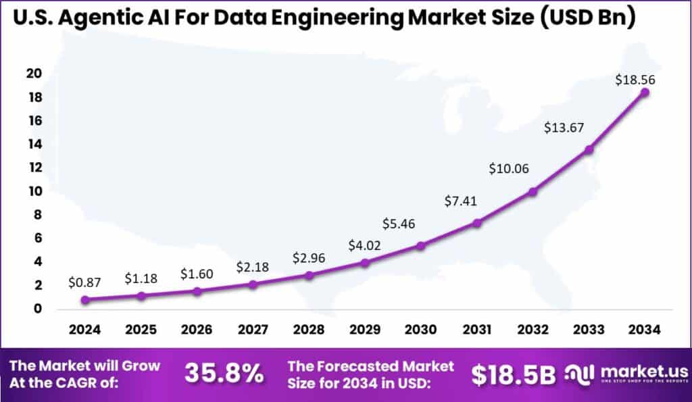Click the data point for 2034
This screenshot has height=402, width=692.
click(645, 92)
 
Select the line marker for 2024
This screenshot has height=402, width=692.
click(84, 300)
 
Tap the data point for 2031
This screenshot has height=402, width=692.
click(477, 223)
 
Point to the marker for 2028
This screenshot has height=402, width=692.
click(309, 275)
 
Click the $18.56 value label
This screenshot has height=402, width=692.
click(635, 80)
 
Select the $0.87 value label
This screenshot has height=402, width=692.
click(84, 284)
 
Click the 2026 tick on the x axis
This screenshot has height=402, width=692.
click(197, 330)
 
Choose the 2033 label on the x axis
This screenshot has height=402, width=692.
click(589, 330)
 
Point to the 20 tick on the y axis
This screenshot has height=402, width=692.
click(34, 74)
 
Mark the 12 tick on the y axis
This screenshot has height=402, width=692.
click(34, 168)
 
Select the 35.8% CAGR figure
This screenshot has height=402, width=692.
click(224, 374)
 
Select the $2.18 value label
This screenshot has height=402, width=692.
click(253, 267)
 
